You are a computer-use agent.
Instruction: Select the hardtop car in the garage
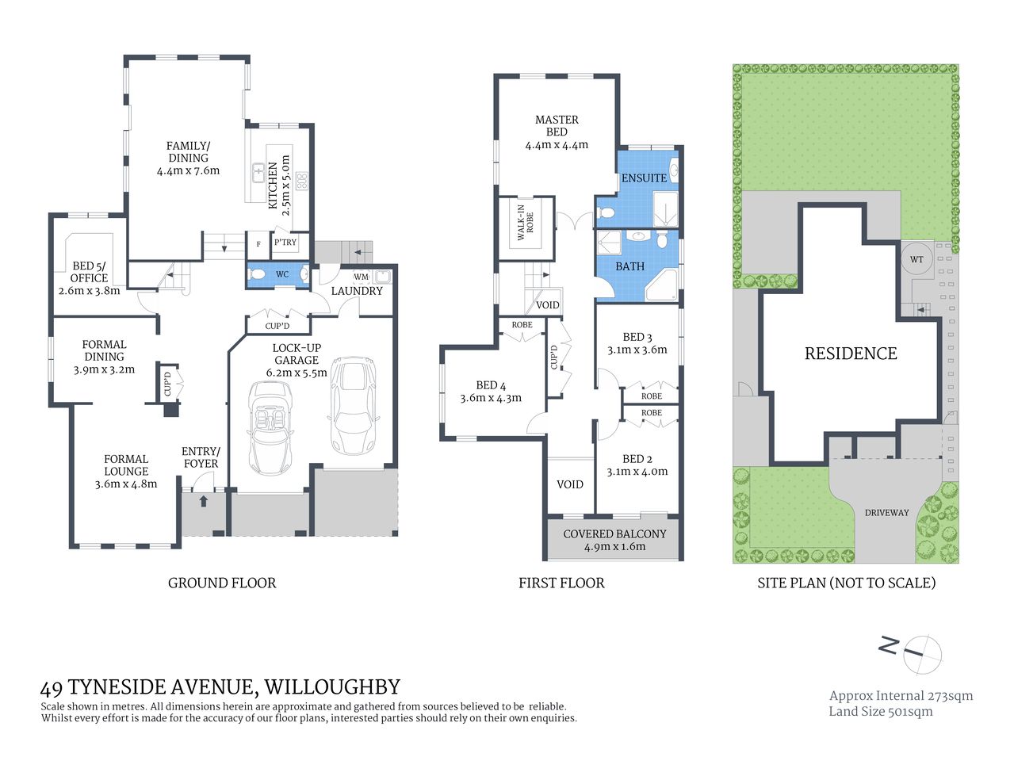tap(351, 403)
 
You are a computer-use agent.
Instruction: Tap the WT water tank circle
tap(916, 259)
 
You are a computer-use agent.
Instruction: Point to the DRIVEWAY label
tap(886, 513)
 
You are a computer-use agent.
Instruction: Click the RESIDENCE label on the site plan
tap(851, 354)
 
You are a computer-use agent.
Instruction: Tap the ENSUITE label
tap(644, 178)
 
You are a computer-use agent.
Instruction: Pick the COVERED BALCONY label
tap(614, 534)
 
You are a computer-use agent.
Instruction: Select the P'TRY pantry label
tap(285, 243)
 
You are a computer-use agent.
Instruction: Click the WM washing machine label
tap(361, 277)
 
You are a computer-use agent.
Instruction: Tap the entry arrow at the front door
tap(204, 500)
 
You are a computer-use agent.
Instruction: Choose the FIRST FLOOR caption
tap(561, 583)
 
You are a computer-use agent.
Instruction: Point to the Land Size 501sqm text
tap(880, 711)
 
